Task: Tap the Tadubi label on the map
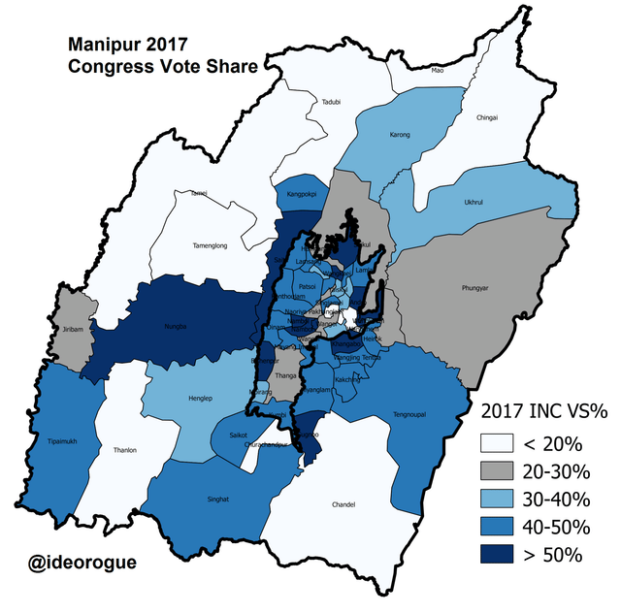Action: tap(331, 102)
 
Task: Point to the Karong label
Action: tap(399, 135)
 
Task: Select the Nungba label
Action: tap(175, 328)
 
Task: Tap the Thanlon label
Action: tap(125, 450)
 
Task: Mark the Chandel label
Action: tap(343, 505)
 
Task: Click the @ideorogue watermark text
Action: tap(82, 564)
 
